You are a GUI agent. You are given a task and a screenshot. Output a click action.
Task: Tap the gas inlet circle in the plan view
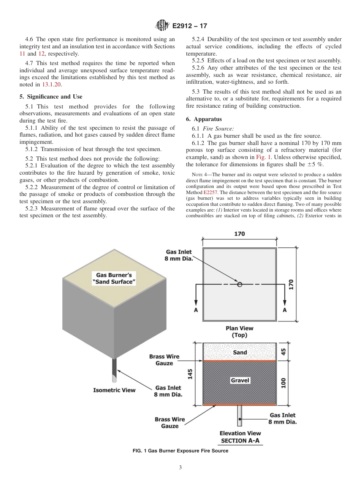(239, 284)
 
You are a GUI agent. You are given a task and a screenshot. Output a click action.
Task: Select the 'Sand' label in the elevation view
(240, 352)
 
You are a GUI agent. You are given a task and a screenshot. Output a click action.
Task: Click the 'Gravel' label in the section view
(240, 380)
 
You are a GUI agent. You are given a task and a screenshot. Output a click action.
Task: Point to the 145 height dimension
(190, 374)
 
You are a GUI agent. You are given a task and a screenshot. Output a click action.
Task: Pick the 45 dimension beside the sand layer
(283, 352)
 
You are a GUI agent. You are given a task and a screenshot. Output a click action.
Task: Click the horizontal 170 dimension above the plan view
(239, 234)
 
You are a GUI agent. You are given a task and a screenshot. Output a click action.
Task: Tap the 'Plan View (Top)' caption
(239, 331)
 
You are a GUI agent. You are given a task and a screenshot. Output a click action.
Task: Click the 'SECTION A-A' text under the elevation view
(240, 441)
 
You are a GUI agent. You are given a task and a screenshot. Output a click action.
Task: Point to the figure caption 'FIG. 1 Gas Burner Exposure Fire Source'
(180, 451)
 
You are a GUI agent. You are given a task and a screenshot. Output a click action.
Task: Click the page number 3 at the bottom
(180, 467)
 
